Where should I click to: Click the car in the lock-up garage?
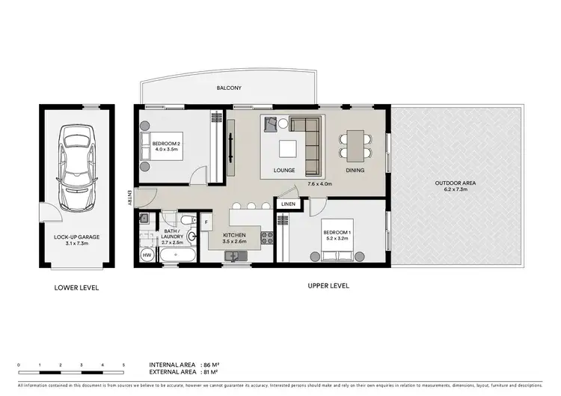[77, 159]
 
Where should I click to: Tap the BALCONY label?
[228, 88]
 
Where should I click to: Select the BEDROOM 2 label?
[166, 144]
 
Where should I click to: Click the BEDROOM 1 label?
[336, 233]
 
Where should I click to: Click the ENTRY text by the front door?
[129, 198]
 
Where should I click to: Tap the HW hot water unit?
[146, 255]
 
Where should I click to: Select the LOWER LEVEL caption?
[76, 287]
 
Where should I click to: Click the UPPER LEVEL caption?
[328, 286]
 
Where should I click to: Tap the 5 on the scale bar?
[123, 365]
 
